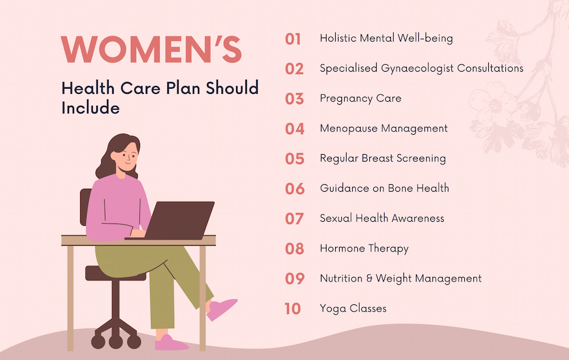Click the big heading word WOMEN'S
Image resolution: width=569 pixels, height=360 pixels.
[151, 49]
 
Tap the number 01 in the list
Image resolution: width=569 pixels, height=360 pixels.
[293, 39]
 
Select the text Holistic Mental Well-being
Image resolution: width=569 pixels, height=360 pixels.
[386, 39]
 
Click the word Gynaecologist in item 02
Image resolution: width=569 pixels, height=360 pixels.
[417, 68]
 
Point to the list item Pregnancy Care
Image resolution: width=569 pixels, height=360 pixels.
[360, 98]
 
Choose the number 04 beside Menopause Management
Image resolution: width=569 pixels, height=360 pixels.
[295, 129]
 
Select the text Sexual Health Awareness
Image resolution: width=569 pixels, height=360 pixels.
[382, 218]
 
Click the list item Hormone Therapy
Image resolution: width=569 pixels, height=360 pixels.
[364, 249]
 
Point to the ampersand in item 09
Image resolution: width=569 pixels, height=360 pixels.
[369, 279]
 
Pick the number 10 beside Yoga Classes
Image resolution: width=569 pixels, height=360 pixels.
[293, 308]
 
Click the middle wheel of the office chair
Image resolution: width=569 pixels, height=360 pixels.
[116, 341]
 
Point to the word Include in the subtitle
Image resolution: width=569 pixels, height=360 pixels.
[90, 108]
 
